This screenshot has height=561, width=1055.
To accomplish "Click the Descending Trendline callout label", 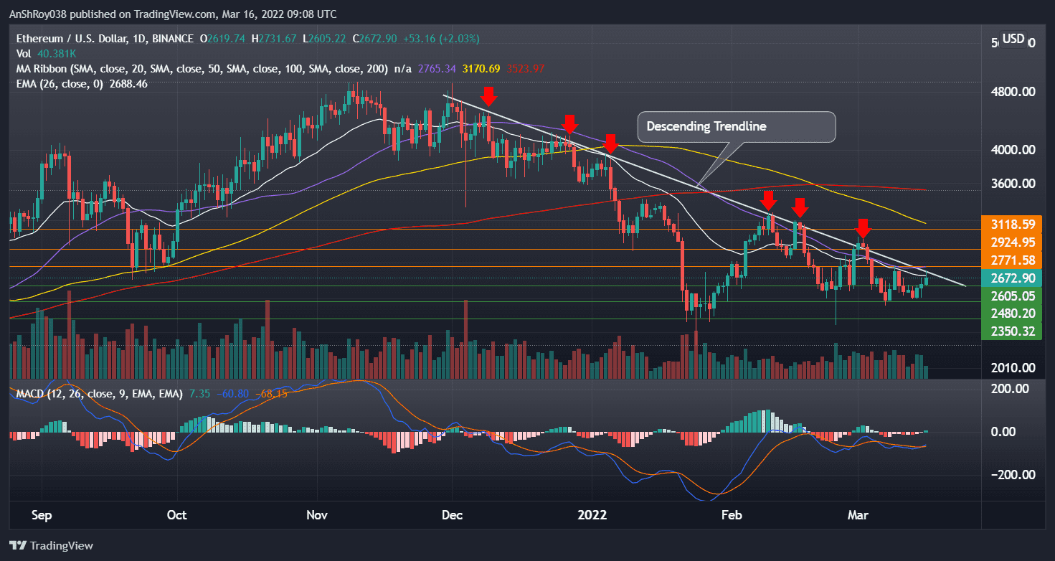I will (x=737, y=126).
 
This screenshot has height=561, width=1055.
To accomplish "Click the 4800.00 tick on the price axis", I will (x=1013, y=92).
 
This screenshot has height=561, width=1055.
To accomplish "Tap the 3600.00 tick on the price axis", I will (x=1013, y=184).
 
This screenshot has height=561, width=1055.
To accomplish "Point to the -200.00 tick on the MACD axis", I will (x=1010, y=475).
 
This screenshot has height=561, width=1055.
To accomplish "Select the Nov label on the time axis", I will (x=316, y=515).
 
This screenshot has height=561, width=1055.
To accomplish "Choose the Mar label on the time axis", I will (x=857, y=515).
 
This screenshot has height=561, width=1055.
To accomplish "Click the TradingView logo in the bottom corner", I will (x=51, y=545).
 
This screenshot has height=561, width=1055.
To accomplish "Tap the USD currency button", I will (x=1013, y=39).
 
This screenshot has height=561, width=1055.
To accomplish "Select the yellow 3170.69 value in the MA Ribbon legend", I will (x=463, y=69).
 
